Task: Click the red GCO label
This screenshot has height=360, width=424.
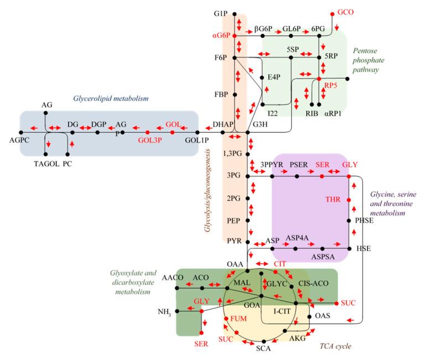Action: click(345, 13)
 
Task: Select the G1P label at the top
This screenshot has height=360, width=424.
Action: click(222, 13)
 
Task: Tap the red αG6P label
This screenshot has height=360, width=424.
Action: click(221, 36)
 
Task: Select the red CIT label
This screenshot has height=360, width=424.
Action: click(280, 264)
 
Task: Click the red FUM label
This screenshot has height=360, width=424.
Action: click(239, 319)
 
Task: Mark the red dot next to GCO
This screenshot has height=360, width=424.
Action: click(332, 13)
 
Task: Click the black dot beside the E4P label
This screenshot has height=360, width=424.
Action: click(262, 77)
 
